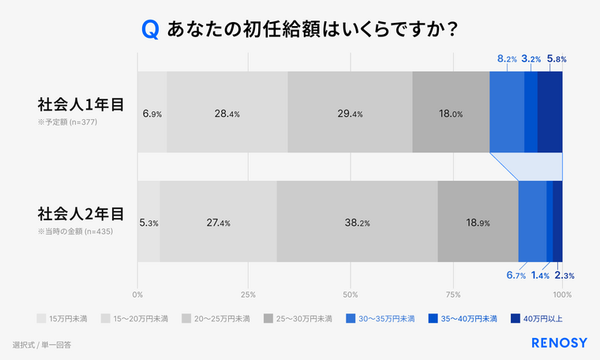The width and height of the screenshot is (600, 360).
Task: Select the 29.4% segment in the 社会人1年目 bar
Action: point(350,113)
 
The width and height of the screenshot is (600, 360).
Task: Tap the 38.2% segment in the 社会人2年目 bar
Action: point(357,222)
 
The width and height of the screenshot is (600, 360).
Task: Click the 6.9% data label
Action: point(152,114)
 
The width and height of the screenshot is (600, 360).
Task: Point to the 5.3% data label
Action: point(148,223)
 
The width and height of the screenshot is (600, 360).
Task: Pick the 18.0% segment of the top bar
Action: point(451,113)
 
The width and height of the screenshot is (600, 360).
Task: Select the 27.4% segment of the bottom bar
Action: point(218,222)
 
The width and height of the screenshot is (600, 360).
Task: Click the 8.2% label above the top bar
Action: point(507,58)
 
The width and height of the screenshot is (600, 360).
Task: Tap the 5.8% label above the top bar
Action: point(557,58)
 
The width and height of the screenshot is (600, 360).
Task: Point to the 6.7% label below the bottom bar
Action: point(516,276)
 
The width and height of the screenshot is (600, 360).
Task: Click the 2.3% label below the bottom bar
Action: point(564,276)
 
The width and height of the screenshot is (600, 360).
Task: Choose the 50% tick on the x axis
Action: point(351,294)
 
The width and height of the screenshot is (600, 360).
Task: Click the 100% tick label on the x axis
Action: point(562,294)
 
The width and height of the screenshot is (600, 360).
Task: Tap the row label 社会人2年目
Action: point(81,213)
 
